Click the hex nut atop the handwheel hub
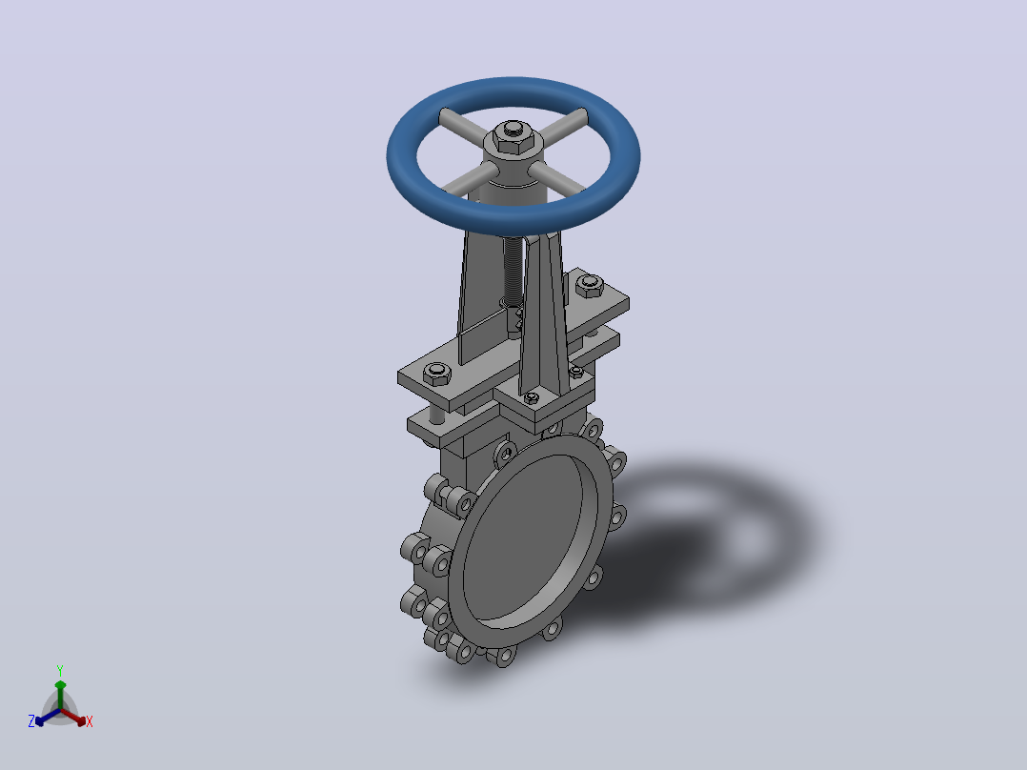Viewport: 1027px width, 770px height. pyautogui.click(x=513, y=137)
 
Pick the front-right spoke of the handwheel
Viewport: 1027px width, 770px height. pyautogui.click(x=556, y=177)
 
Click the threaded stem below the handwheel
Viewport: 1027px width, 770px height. pyautogui.click(x=513, y=270)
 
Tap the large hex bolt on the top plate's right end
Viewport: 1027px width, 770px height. pyautogui.click(x=590, y=286)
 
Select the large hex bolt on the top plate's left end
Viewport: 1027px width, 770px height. pyautogui.click(x=437, y=374)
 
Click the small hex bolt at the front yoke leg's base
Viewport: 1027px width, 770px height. pyautogui.click(x=532, y=396)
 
